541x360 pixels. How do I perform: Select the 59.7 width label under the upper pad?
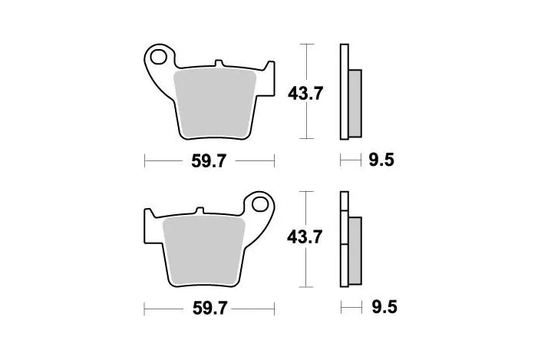tap(209, 161)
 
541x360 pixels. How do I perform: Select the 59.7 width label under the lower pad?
tap(209, 309)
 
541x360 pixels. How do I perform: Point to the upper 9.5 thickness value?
tap(381, 161)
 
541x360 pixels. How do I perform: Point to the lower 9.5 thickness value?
tap(383, 309)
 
